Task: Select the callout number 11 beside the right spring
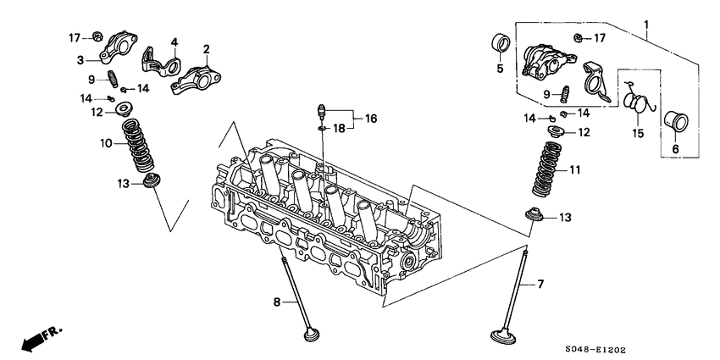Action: [x=574, y=170]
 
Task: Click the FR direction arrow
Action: [x=34, y=338]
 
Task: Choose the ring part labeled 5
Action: [x=501, y=43]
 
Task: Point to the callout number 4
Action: [x=173, y=42]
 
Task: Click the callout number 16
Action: [x=368, y=120]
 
